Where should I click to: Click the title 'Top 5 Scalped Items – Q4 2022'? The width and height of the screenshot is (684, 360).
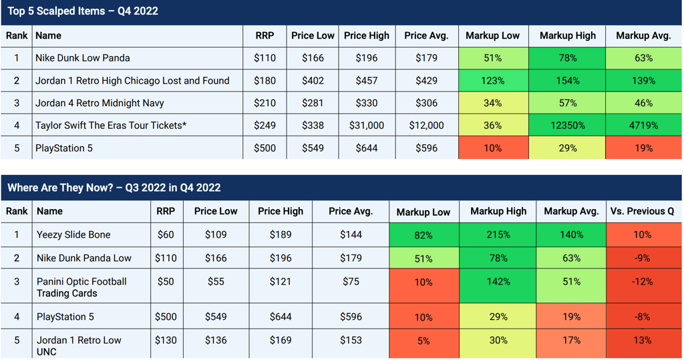click(x=82, y=11)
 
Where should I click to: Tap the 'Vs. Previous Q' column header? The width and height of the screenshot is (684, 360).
click(x=642, y=211)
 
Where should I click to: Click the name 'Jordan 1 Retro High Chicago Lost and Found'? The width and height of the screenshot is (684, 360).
click(x=132, y=81)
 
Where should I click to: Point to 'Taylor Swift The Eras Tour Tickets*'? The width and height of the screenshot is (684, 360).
click(x=111, y=126)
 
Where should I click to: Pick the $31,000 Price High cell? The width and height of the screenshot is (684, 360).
click(x=367, y=126)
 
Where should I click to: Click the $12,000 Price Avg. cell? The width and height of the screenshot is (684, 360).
click(x=426, y=126)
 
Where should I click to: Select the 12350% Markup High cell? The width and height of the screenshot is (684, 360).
click(x=568, y=126)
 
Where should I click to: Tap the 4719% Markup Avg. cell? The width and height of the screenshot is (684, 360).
click(x=643, y=126)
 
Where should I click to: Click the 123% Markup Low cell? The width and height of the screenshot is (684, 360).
click(x=492, y=81)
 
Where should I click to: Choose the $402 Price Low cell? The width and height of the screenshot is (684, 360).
click(x=313, y=81)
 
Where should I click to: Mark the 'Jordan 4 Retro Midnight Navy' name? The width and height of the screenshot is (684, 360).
click(x=100, y=103)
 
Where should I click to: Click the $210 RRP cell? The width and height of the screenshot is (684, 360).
click(x=265, y=103)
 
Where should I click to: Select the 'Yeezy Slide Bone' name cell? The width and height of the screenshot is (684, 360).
click(x=73, y=234)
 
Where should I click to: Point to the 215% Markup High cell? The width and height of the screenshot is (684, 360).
click(x=498, y=234)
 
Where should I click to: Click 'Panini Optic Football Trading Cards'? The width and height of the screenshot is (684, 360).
click(x=81, y=287)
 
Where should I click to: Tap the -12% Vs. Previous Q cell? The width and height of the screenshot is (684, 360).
click(x=642, y=281)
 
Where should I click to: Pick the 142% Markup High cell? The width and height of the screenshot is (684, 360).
click(x=498, y=281)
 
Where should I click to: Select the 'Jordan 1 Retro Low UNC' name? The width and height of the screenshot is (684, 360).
click(x=79, y=345)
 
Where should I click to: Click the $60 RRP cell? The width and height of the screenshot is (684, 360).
click(x=166, y=234)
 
